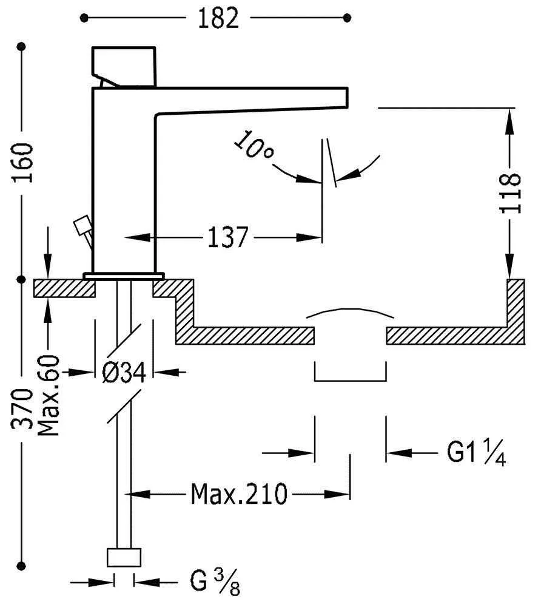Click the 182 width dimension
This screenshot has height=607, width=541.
(218, 18)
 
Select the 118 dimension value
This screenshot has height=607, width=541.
(511, 193)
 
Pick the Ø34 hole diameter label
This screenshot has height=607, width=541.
(124, 372)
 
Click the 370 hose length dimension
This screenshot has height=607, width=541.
(22, 409)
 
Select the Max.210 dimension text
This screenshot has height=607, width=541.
(238, 494)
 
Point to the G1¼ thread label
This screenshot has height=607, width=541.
(476, 453)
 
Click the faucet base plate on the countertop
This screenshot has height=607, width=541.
(124, 276)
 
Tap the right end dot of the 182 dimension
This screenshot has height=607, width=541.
(347, 18)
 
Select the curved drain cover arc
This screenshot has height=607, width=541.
(350, 313)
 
